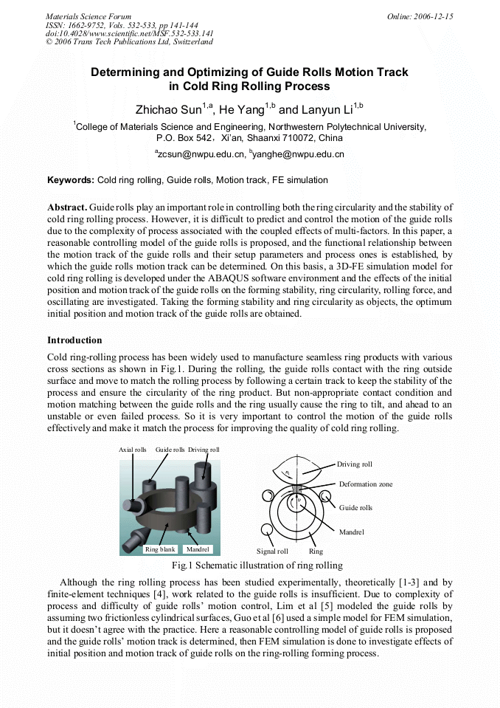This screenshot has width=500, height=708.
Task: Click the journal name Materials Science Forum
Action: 88,16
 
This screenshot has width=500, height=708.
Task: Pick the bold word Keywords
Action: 71,180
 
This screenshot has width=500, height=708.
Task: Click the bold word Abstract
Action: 66,207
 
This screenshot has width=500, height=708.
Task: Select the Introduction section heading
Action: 74,340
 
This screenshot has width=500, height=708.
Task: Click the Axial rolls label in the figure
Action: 133,450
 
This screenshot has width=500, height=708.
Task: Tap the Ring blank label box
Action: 160,549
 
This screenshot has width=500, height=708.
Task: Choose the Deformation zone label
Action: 366,484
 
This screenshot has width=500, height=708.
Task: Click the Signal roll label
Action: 272,551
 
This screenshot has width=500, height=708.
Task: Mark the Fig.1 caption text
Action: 257,566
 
